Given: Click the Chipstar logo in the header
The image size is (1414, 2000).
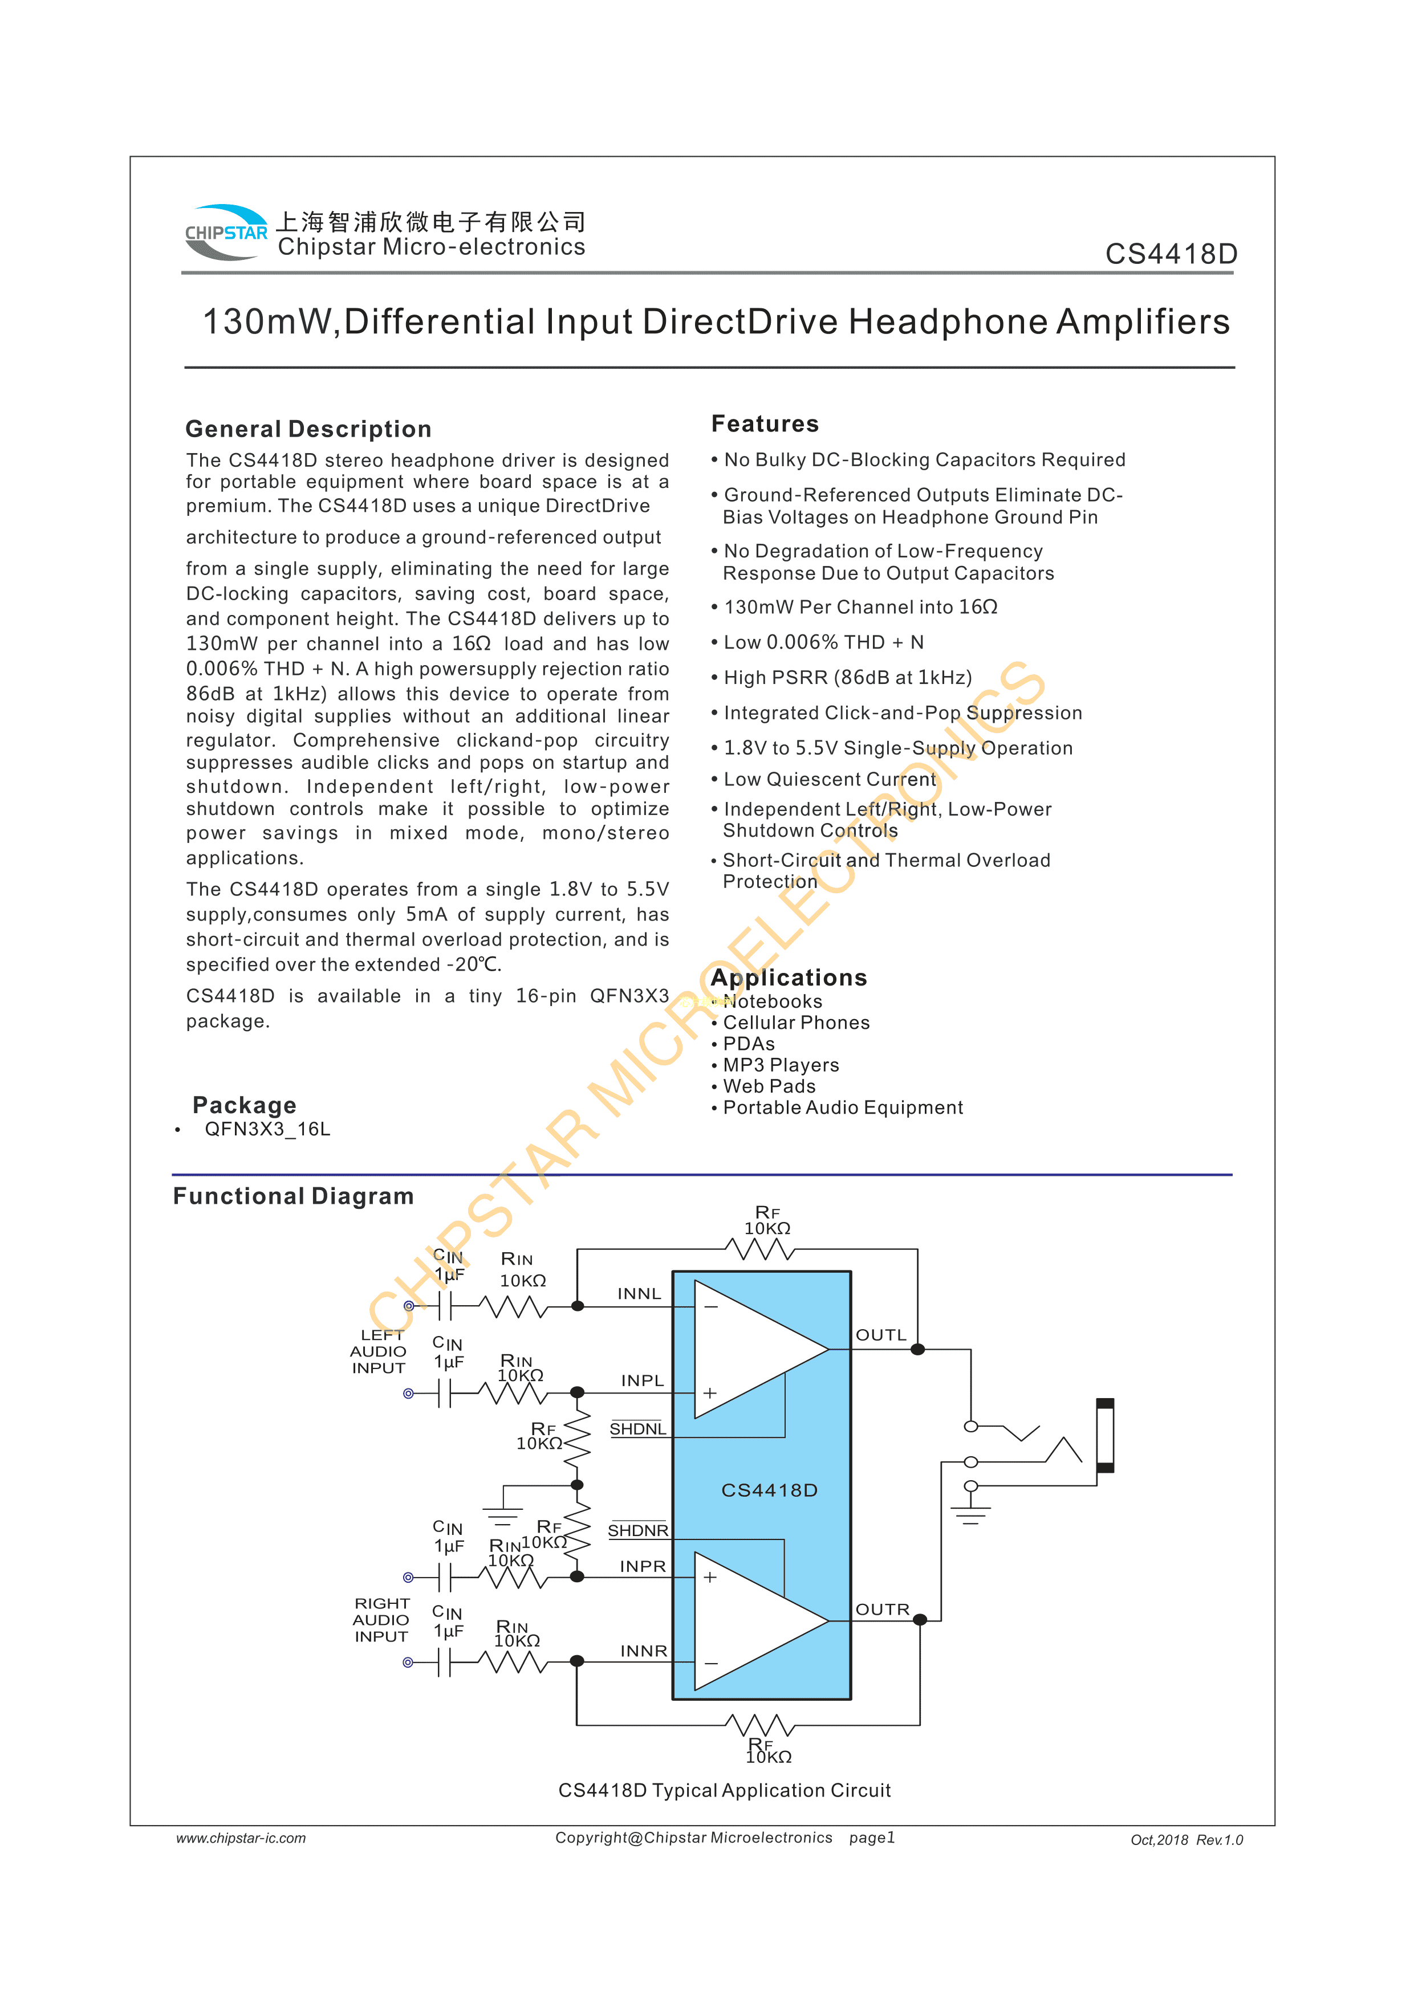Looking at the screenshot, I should click(x=226, y=233).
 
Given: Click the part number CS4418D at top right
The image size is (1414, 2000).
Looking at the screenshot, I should click(x=1171, y=254).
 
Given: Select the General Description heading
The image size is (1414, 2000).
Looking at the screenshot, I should click(x=308, y=429).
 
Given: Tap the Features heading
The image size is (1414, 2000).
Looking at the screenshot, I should click(x=765, y=423).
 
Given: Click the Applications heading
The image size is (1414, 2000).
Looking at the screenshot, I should click(x=789, y=977).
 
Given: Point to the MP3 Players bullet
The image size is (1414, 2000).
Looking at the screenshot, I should click(x=781, y=1065).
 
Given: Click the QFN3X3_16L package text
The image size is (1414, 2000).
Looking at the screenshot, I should click(x=267, y=1129).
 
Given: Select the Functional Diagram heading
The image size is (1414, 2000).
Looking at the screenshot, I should click(x=292, y=1196).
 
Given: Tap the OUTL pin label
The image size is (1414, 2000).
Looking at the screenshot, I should click(x=881, y=1334).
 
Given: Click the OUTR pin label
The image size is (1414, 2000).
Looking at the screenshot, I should click(x=881, y=1609).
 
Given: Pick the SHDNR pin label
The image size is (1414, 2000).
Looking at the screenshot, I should click(x=638, y=1530).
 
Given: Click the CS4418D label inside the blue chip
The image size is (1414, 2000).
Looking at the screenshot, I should click(x=769, y=1489).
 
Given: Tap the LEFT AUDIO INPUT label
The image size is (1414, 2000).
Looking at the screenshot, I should click(x=379, y=1351).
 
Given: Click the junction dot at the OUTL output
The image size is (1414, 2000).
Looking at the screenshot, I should click(x=917, y=1349).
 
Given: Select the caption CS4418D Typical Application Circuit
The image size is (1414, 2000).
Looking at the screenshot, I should click(x=724, y=1790).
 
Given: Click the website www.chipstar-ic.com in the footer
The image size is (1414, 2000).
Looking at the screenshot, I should click(x=241, y=1838).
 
